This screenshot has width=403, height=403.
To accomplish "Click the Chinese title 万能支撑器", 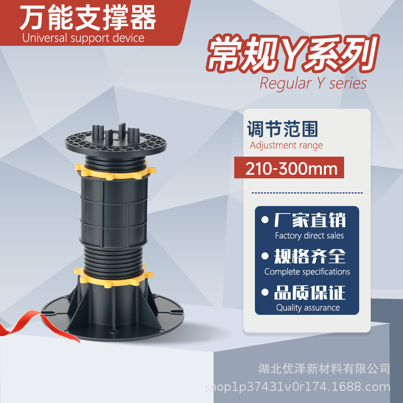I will pos(88,19).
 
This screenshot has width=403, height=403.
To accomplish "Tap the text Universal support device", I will pos(83,38).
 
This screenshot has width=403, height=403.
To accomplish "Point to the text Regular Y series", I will pos(313,83).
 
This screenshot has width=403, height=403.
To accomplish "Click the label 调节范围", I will pos(283,129).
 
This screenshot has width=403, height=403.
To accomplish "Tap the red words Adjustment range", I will pos(286,146).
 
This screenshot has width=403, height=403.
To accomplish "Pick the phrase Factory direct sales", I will pos(309,236).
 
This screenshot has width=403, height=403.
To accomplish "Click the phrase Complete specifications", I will pos(307,272).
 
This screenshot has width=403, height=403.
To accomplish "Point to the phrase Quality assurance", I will pos(308,308).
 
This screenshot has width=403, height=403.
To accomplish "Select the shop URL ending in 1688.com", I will pos(297,387).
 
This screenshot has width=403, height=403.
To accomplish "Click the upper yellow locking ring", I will pos(114,170).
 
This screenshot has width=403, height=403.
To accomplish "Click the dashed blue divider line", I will pos(307,192).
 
